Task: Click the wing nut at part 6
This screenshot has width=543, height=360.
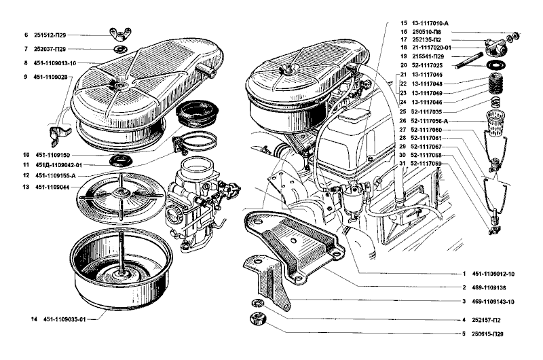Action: point(117,34)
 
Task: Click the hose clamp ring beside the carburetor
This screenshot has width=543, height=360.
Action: point(194,143)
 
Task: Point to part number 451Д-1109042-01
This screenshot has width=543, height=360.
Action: point(59,165)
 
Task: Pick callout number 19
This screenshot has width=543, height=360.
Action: point(402,56)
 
